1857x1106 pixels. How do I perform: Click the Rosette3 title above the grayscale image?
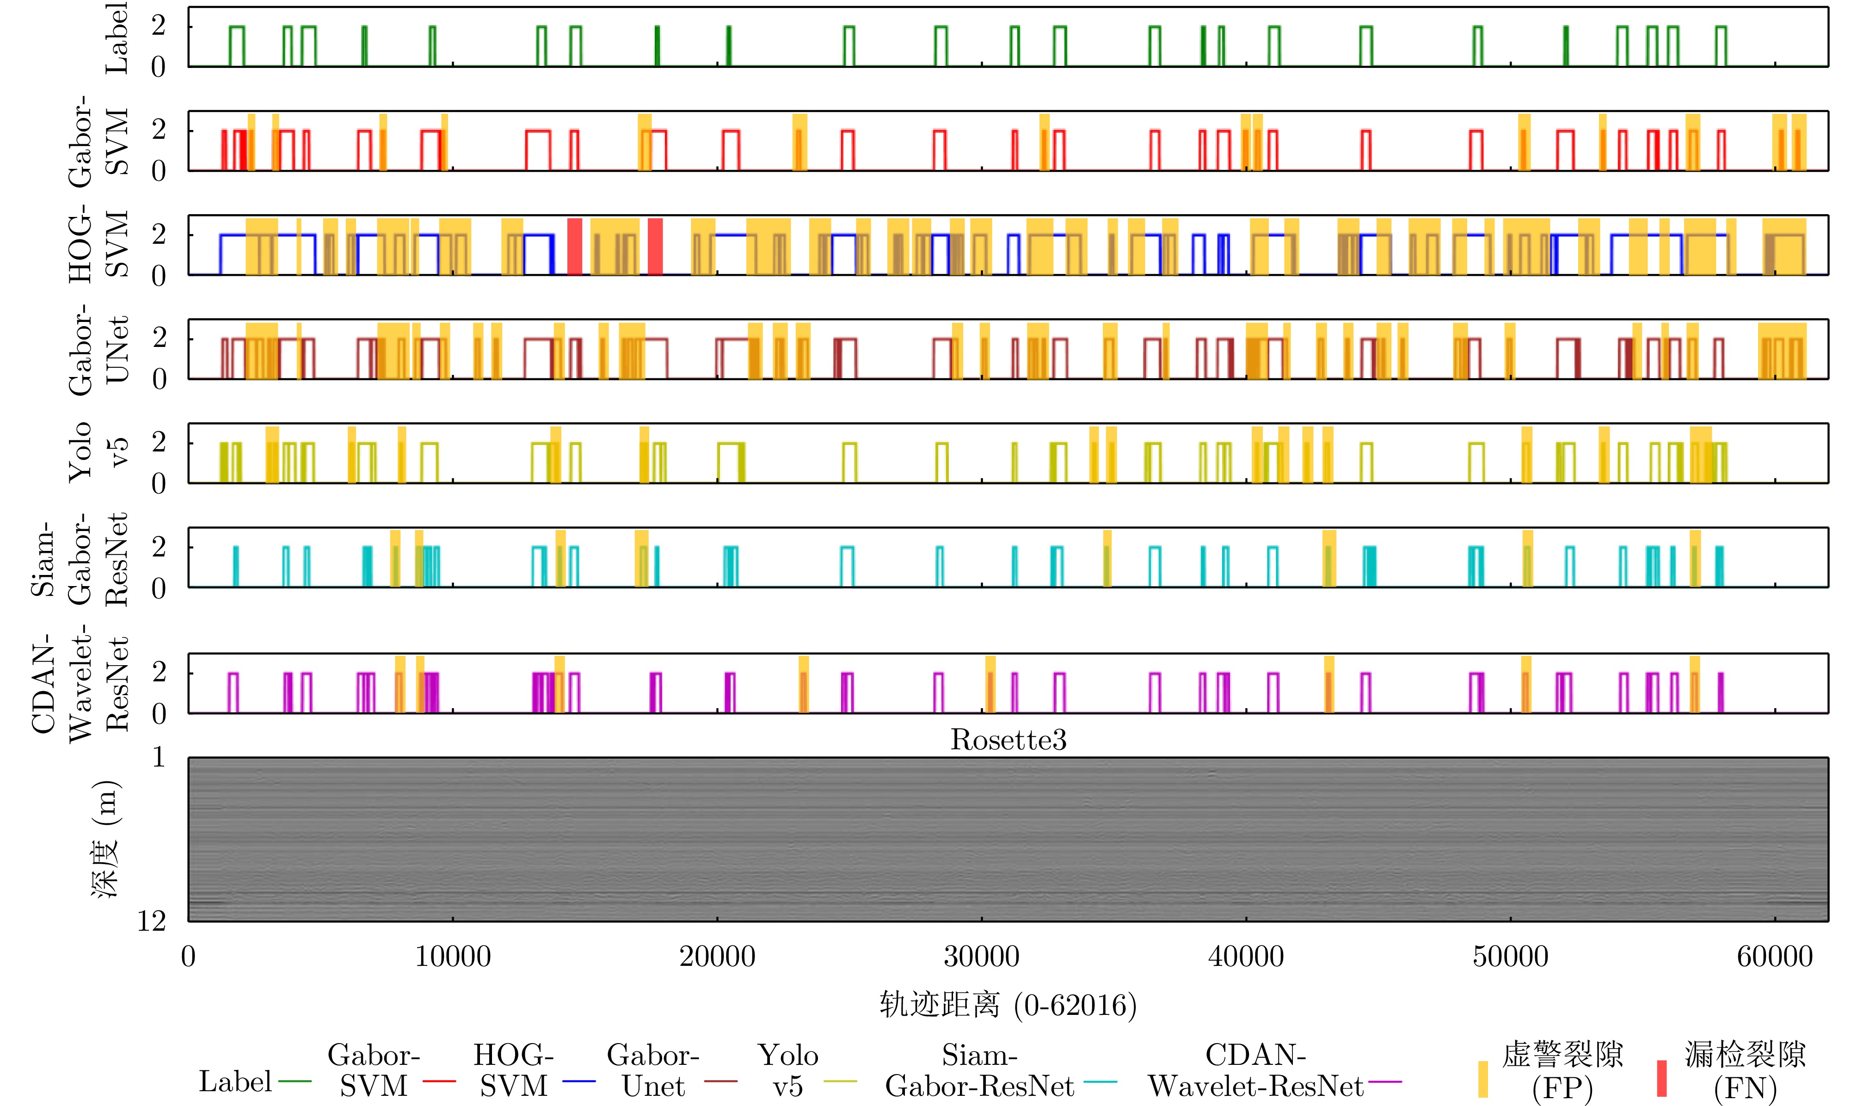pos(1008,740)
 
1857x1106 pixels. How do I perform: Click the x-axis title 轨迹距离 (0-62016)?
pos(1008,1005)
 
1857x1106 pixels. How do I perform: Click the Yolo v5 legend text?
pos(787,1070)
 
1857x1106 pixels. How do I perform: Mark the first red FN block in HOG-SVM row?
pos(574,246)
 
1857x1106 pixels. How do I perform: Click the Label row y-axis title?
pos(116,37)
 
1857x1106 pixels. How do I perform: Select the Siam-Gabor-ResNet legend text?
pos(979,1070)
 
